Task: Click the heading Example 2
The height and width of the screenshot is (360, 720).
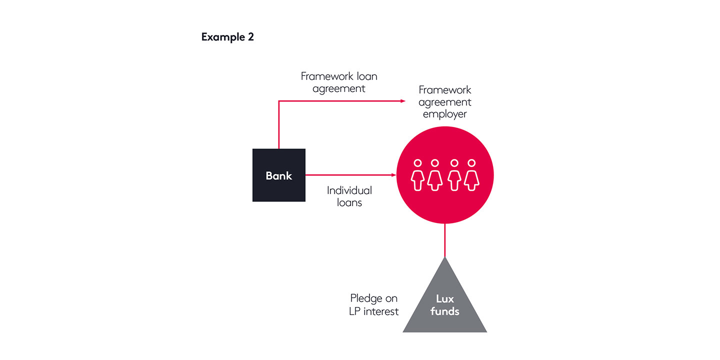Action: pyautogui.click(x=227, y=37)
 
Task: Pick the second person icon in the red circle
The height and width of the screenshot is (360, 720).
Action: pyautogui.click(x=435, y=175)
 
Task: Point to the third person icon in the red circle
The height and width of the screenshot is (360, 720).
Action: pyautogui.click(x=453, y=175)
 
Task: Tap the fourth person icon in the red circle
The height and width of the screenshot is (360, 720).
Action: pyautogui.click(x=471, y=175)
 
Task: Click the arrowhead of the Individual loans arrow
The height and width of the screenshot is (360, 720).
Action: pyautogui.click(x=393, y=175)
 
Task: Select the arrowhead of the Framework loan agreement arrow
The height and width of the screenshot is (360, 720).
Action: pyautogui.click(x=403, y=101)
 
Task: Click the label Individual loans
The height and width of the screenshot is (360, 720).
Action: pyautogui.click(x=349, y=196)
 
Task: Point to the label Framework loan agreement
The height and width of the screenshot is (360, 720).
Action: pyautogui.click(x=339, y=82)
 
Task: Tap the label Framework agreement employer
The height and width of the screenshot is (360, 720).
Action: pyautogui.click(x=445, y=101)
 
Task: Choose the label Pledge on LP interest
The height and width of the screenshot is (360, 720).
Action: pyautogui.click(x=374, y=304)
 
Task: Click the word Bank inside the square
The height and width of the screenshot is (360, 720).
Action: pyautogui.click(x=278, y=175)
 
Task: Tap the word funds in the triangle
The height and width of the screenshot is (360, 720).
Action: pyautogui.click(x=444, y=311)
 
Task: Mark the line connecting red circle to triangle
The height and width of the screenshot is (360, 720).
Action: pyautogui.click(x=444, y=240)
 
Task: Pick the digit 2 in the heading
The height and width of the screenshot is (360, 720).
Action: pyautogui.click(x=250, y=37)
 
